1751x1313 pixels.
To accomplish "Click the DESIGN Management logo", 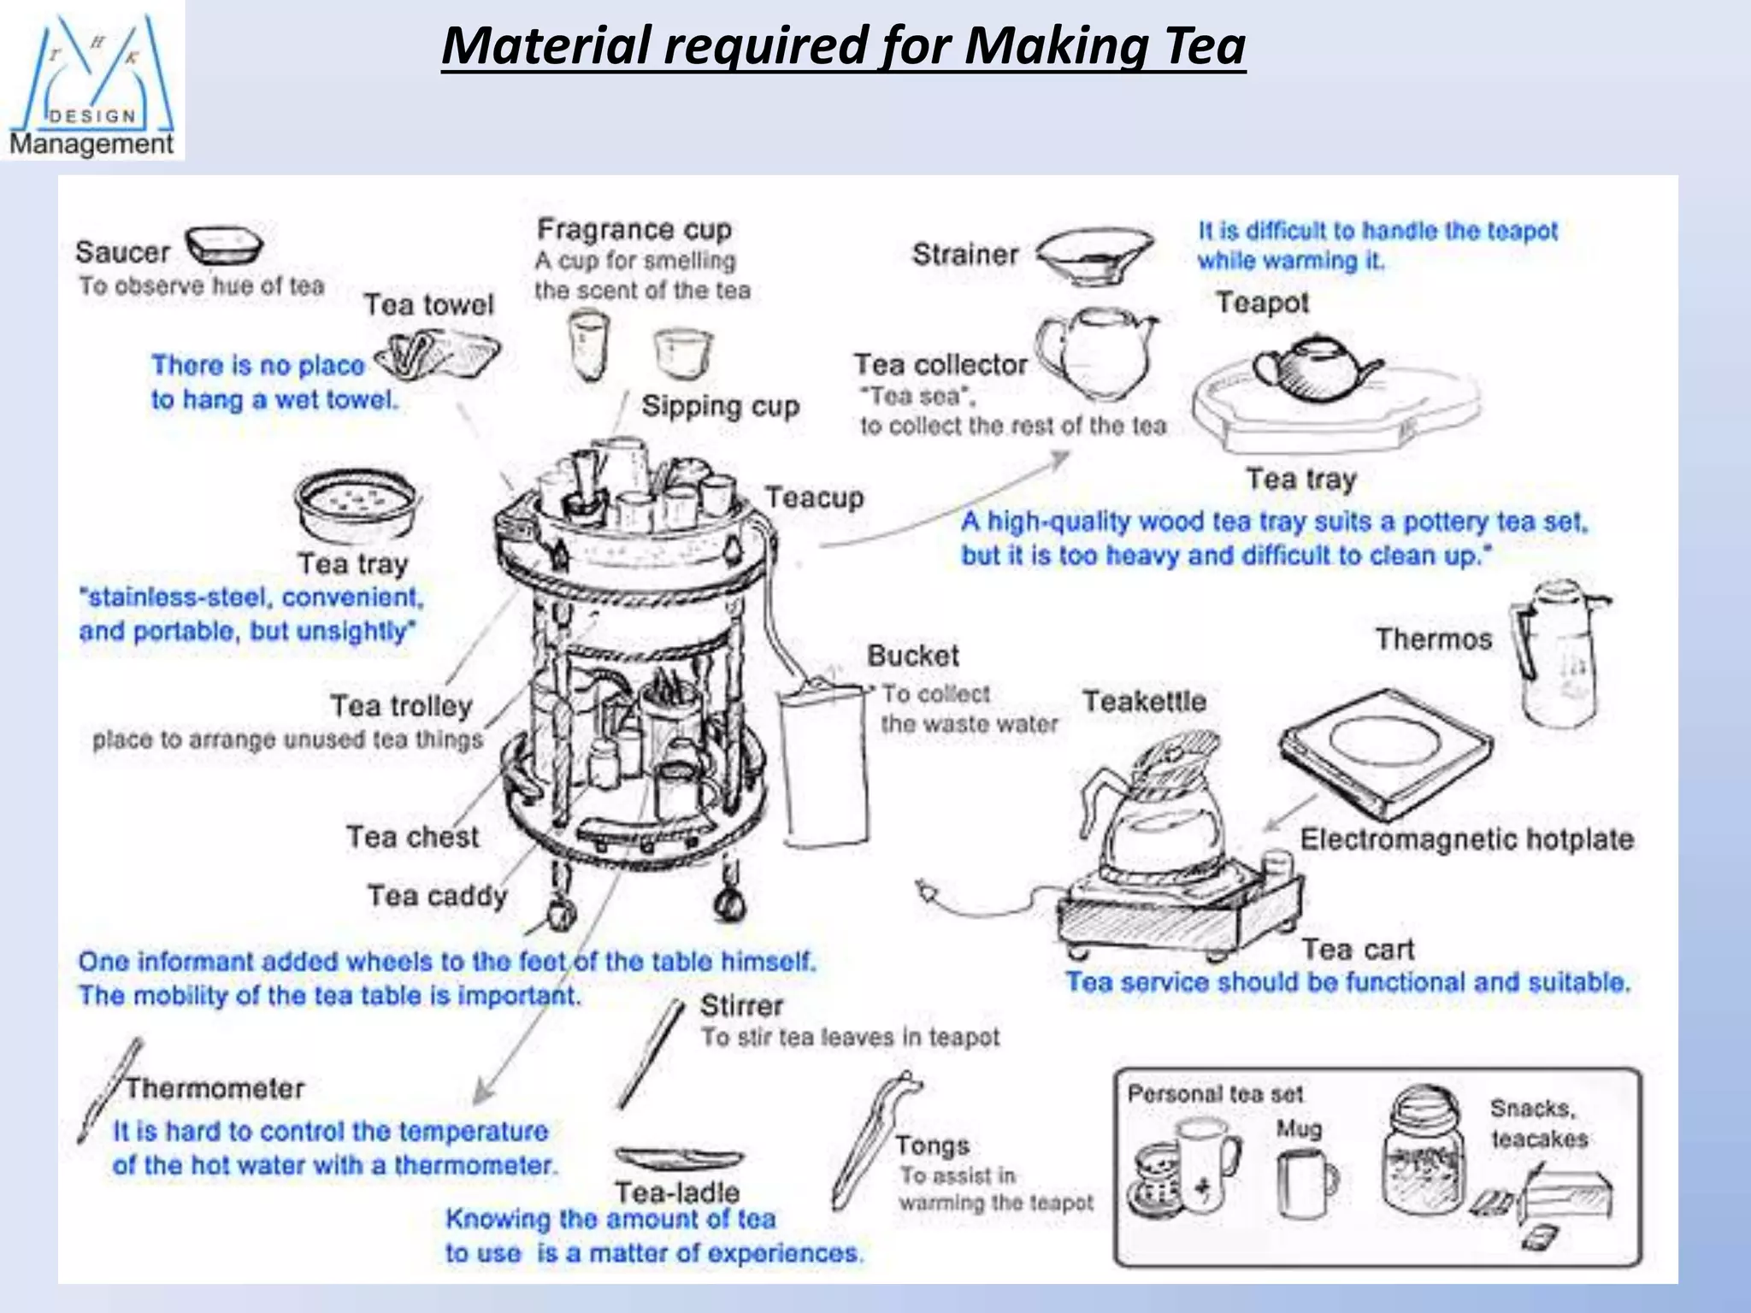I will pos(91,81).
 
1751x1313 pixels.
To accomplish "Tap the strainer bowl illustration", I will pos(1096,255).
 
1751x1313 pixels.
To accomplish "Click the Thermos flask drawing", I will pos(1558,654).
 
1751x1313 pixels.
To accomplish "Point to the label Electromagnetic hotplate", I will pos(1466,839).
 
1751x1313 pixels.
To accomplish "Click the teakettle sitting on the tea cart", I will pos(1158,808).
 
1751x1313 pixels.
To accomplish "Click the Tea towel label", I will pos(428,305).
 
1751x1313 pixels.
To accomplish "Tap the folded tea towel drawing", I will pos(438,355).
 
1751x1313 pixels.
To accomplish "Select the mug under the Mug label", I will pos(1305,1182).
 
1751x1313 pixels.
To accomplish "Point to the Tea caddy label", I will pos(437,896).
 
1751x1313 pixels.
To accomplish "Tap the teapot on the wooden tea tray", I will pos(1312,369).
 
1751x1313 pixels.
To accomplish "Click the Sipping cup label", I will pos(720,406).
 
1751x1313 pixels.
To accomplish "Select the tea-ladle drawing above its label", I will pos(679,1158).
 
